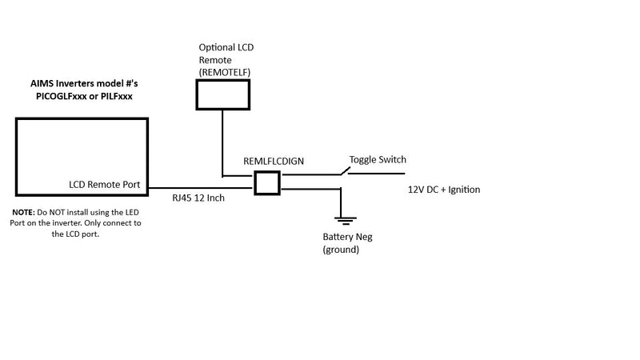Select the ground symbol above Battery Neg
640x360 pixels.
346,221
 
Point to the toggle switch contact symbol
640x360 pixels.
346,171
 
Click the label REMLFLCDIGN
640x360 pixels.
274,162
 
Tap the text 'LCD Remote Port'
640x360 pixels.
105,185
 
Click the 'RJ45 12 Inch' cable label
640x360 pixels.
198,198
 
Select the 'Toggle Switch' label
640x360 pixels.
378,159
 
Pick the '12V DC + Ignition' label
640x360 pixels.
444,190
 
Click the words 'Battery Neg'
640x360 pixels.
347,237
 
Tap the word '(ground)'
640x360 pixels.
341,250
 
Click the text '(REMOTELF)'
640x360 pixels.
225,72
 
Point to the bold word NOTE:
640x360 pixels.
24,212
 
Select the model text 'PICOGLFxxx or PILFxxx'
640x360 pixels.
84,96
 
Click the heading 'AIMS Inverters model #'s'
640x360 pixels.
84,84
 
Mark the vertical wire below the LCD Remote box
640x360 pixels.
222,143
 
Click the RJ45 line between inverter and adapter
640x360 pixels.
201,188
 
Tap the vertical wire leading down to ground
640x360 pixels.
341,203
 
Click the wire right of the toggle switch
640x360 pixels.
376,174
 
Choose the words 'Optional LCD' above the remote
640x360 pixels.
226,47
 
